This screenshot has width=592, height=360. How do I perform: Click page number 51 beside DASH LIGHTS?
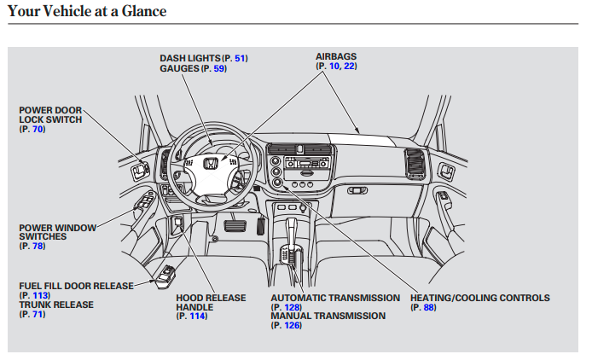click(240, 58)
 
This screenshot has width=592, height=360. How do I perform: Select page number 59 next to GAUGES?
click(219, 68)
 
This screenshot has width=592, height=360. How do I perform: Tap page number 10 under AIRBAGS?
click(334, 66)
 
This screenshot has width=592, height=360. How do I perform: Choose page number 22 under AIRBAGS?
click(349, 66)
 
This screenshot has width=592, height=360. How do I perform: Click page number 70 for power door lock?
click(38, 129)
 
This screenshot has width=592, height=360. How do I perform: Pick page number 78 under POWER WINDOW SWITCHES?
click(38, 246)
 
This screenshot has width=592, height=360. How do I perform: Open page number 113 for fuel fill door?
click(40, 295)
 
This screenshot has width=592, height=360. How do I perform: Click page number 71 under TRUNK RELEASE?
click(38, 314)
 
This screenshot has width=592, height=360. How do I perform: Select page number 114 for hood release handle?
click(197, 316)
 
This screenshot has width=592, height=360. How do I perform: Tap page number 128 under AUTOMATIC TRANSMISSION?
click(293, 307)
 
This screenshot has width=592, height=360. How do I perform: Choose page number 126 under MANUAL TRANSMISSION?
click(293, 325)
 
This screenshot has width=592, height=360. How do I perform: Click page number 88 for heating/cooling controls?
click(429, 307)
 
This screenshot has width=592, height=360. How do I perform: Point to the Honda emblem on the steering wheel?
click(211, 164)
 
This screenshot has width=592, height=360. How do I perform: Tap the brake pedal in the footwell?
click(235, 226)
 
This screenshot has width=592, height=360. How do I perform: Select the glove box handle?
click(357, 190)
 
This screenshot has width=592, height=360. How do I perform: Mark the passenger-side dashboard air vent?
click(415, 164)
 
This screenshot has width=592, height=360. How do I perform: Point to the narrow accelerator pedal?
click(261, 226)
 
